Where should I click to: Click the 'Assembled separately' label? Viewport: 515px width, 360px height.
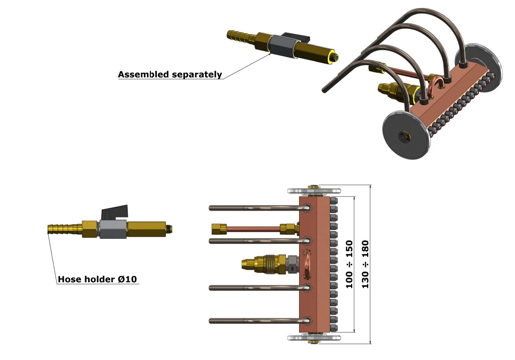[x=170, y=75]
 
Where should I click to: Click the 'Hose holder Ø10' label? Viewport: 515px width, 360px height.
[x=98, y=279]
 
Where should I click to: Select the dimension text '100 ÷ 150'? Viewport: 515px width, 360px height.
[x=350, y=264]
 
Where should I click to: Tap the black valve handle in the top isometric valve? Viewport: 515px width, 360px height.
[x=293, y=38]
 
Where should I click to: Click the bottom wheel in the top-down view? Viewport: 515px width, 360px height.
[x=315, y=338]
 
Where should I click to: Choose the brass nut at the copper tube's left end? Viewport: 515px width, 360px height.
[x=217, y=228]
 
